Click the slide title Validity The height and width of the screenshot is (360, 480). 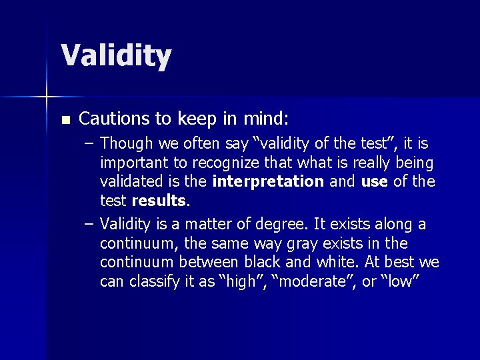116,55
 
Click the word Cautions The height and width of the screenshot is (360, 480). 111,119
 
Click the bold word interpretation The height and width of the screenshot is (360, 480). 268,181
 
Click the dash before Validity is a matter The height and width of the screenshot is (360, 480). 89,224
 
